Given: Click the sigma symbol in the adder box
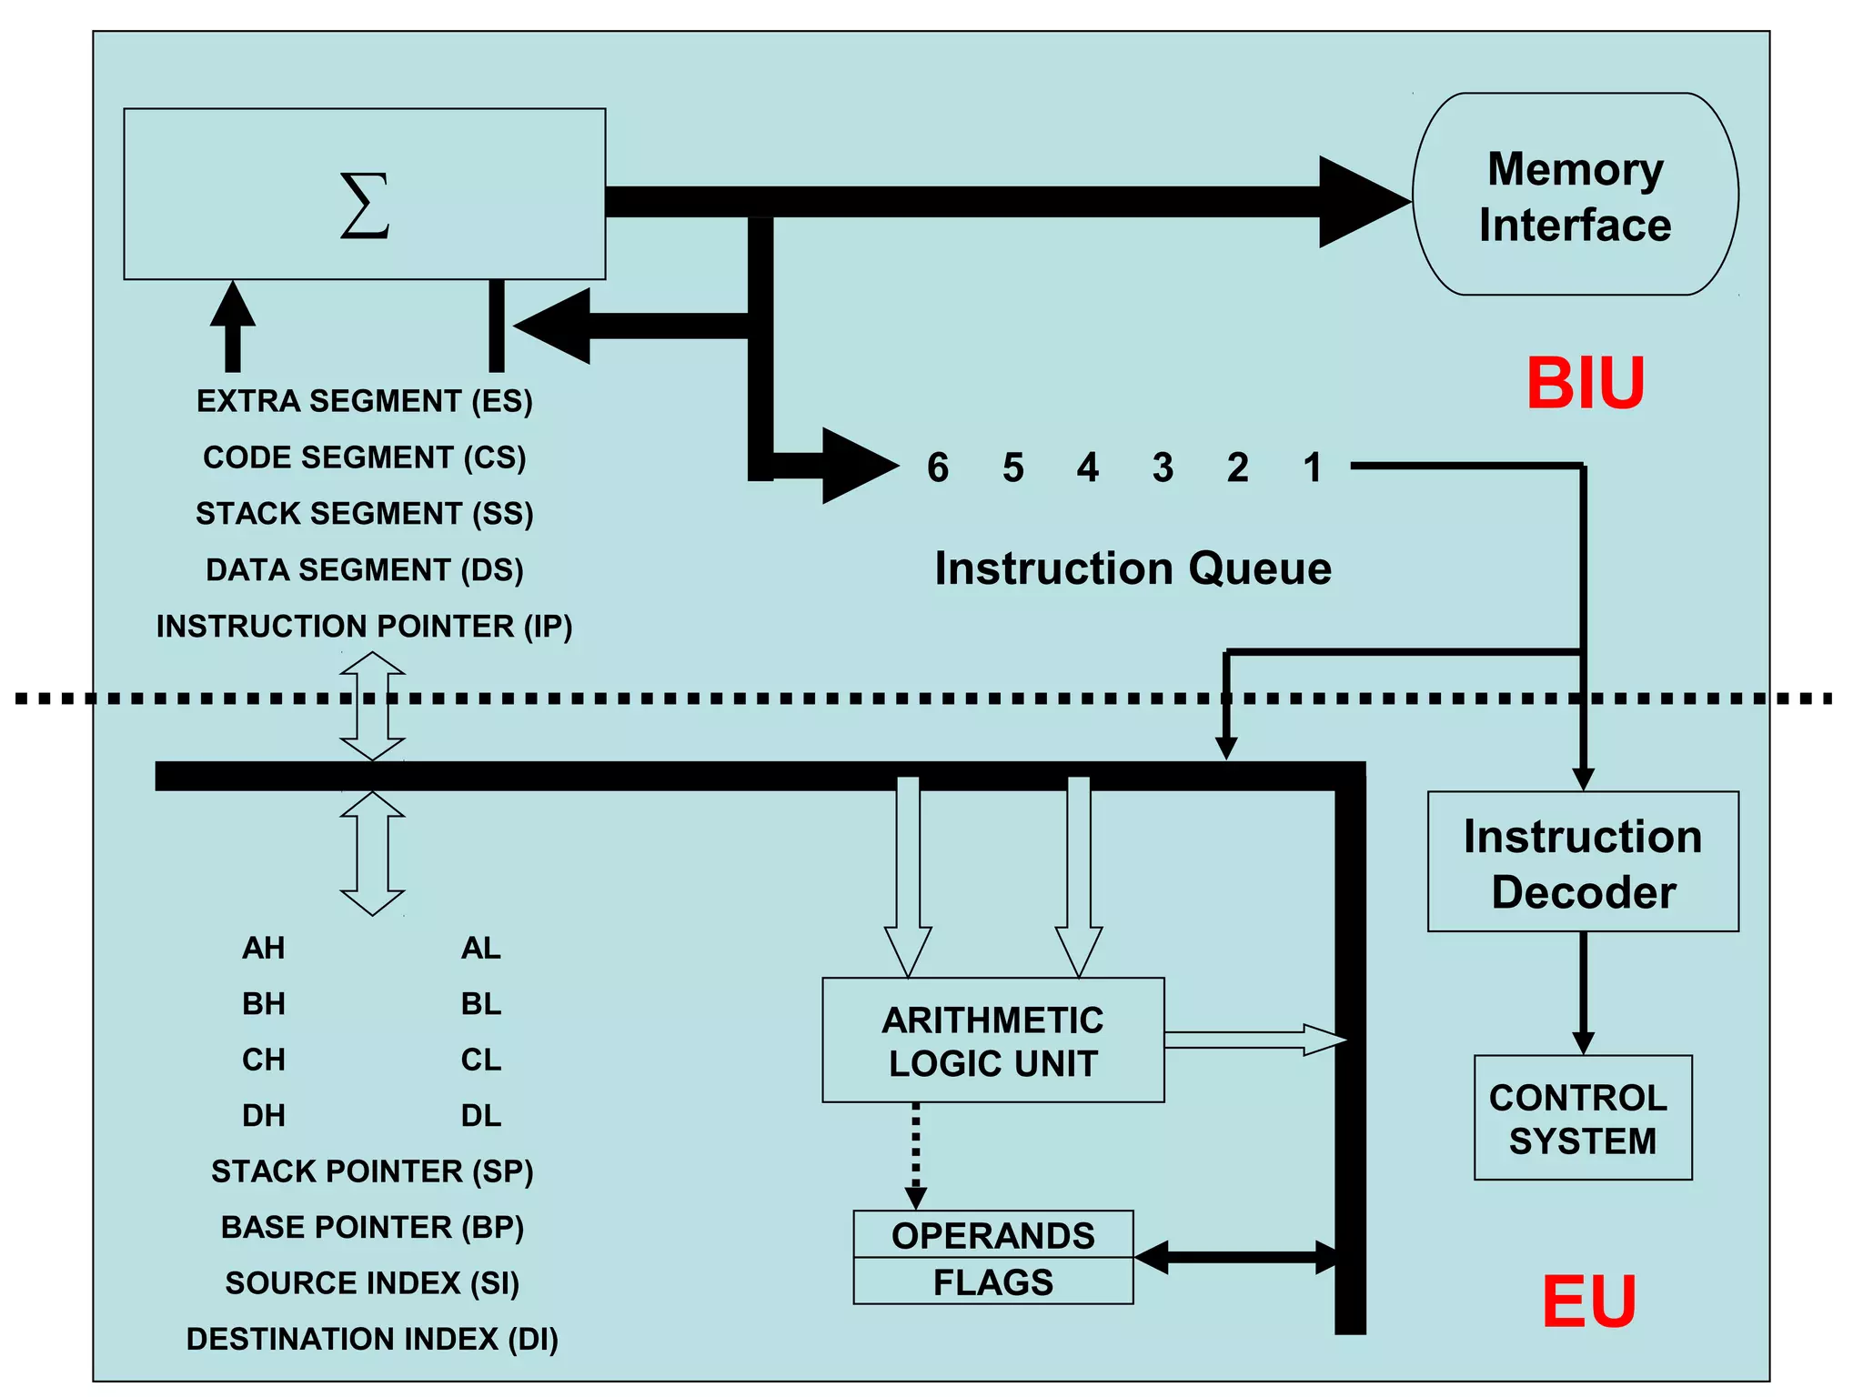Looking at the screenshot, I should (365, 206).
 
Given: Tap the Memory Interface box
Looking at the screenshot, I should (1575, 195).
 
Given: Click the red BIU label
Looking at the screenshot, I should (1585, 384).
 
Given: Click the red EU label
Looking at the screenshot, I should (1589, 1302).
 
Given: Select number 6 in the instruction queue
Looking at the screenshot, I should (938, 467).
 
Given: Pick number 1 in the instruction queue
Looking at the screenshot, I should (1312, 467).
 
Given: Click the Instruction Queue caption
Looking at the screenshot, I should (1133, 568).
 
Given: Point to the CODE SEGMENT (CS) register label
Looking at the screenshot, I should (364, 457).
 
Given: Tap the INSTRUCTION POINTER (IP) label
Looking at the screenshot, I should (364, 627).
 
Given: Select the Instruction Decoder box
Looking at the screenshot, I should (1583, 862).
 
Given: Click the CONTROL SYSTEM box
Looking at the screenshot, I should (1582, 1118).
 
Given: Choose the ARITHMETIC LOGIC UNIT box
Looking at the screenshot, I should (992, 1040).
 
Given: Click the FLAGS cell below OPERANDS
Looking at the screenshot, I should (992, 1282).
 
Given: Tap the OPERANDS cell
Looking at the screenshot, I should (992, 1235).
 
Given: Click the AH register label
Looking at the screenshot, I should (263, 949).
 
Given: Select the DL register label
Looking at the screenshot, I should (480, 1116).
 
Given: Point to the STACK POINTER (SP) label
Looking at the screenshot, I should (372, 1171).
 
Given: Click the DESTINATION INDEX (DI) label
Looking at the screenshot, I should (372, 1339).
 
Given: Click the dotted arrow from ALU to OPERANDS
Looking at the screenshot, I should (916, 1153).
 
